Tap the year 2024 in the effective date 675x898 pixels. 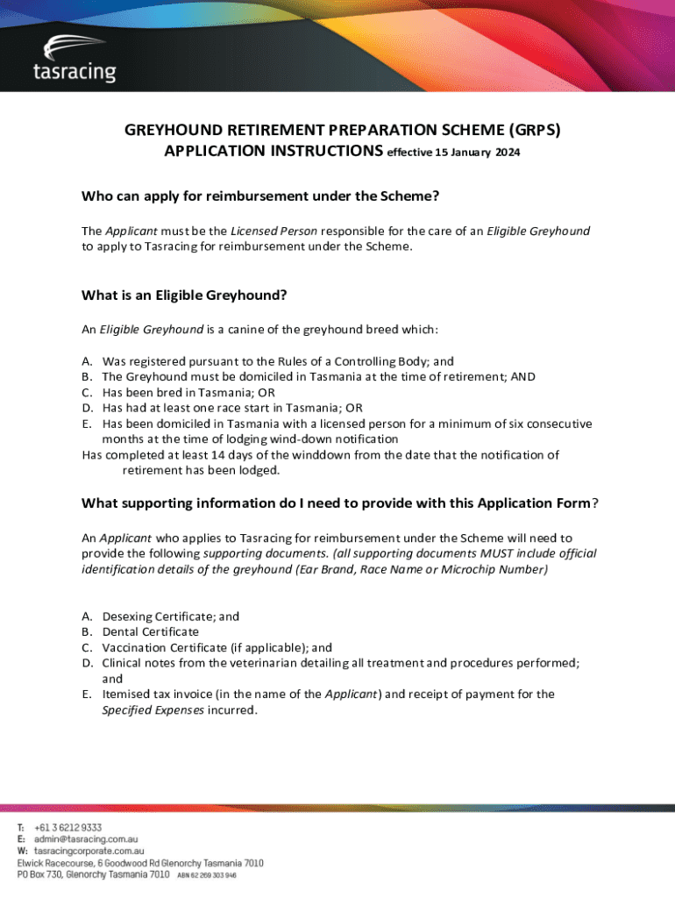(x=507, y=153)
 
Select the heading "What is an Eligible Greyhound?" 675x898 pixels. (x=184, y=296)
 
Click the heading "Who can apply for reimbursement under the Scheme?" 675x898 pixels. (x=260, y=196)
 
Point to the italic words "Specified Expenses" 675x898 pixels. (x=153, y=709)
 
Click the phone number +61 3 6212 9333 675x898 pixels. (x=68, y=828)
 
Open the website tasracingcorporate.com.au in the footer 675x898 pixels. (x=89, y=851)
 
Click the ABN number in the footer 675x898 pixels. (x=207, y=875)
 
